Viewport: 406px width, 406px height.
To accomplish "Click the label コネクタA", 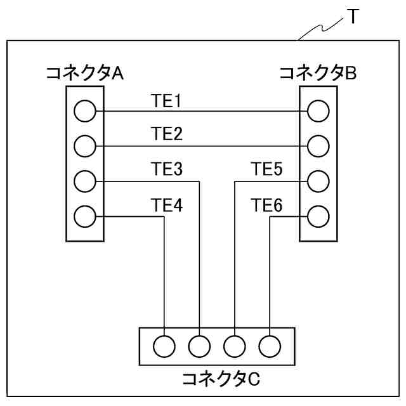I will tap(84, 74).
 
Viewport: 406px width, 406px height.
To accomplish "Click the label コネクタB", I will tap(318, 74).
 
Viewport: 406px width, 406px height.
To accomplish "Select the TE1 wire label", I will tap(166, 100).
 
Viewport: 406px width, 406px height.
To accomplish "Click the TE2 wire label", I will tap(166, 134).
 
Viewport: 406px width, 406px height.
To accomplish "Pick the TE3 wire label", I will tap(166, 169).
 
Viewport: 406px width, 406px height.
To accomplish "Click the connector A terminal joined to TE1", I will tap(84, 112).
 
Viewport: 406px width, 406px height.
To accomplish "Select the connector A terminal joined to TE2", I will tap(84, 147).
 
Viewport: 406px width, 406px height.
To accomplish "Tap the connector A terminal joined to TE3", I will tap(84, 181).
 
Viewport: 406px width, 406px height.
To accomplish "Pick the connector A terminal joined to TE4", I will tap(84, 216).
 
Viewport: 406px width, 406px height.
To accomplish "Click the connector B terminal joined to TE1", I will tap(318, 112).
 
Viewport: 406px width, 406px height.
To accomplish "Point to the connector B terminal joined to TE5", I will tap(318, 181).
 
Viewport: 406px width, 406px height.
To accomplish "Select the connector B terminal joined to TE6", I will tap(318, 216).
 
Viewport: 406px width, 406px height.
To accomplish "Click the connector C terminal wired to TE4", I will tap(164, 346).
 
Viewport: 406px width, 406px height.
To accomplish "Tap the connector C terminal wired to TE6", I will tap(270, 346).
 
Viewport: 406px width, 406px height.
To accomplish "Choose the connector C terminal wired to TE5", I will tap(235, 346).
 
